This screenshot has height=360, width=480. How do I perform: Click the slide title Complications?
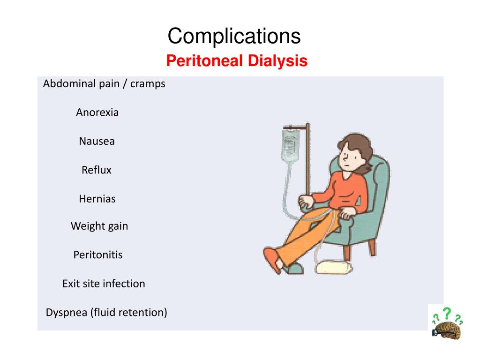234,36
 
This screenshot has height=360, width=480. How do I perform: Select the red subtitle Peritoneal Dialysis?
237,61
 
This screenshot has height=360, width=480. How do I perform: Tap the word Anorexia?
97,112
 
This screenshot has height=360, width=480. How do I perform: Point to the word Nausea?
97,141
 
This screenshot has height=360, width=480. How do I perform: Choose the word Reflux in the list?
97,170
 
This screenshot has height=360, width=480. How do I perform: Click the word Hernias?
97,199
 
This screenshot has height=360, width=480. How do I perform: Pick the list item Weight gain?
99,226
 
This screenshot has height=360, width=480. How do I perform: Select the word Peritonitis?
98,255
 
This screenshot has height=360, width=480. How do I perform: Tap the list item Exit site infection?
104,284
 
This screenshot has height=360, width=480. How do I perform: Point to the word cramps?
148,84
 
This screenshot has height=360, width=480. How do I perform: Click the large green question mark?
447,313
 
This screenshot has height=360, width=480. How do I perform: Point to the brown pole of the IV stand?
307,159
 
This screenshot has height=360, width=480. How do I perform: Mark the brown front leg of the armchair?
372,246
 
